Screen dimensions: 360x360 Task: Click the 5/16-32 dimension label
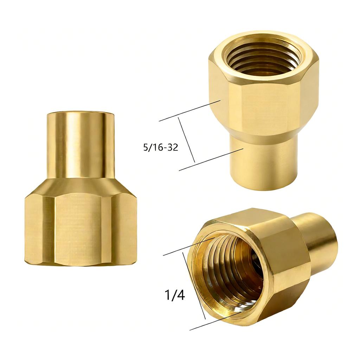[x=160, y=147]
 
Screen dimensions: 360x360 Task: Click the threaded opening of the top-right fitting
[x=264, y=58]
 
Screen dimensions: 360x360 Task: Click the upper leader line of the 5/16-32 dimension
[x=190, y=111]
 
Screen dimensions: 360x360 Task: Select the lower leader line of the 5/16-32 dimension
[x=211, y=160]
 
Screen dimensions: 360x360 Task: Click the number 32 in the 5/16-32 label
[x=173, y=147]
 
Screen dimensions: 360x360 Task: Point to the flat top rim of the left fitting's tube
[x=81, y=113]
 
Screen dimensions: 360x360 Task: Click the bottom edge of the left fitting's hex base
[x=81, y=264]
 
